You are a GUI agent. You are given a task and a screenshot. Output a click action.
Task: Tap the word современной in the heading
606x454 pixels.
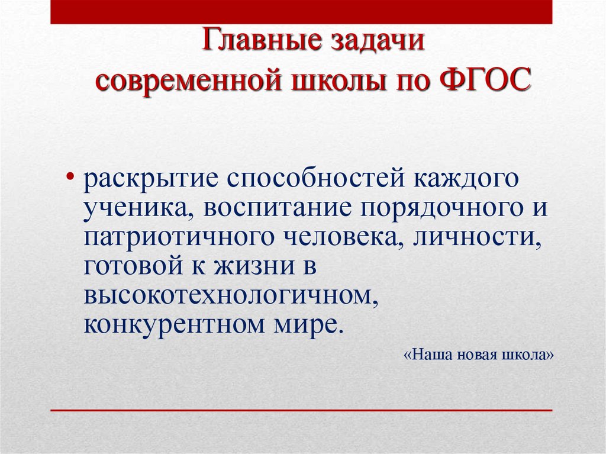click(x=188, y=80)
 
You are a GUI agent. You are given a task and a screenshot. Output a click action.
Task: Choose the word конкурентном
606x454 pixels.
click(x=177, y=325)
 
